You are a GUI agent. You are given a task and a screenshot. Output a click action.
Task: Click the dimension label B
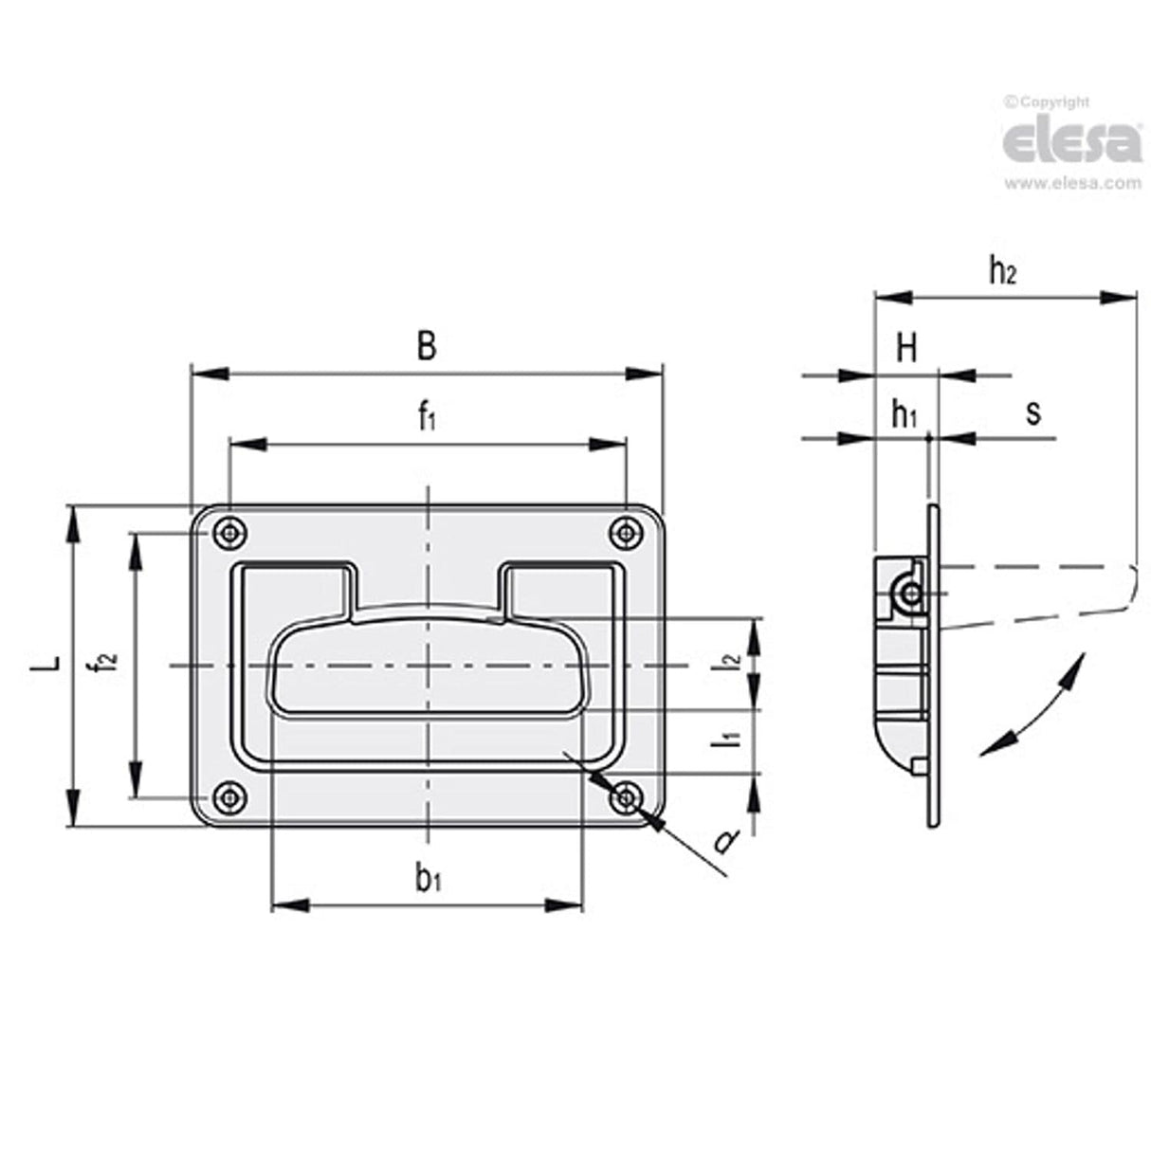(427, 346)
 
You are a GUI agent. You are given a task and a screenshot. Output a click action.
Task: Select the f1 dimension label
(428, 416)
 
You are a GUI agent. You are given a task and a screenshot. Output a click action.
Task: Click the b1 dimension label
(428, 879)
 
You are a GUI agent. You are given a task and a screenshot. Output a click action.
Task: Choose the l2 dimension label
(728, 664)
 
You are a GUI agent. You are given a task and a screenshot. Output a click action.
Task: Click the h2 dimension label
(1002, 271)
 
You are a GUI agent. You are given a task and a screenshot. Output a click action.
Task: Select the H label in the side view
(906, 349)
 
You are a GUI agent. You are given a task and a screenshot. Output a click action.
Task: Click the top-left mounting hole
(228, 534)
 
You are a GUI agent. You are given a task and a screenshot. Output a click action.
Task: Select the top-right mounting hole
(624, 534)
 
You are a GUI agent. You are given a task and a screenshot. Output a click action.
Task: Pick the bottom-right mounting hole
(624, 798)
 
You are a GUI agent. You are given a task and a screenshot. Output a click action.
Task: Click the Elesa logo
(1072, 141)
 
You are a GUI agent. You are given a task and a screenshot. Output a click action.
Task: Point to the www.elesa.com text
(1072, 184)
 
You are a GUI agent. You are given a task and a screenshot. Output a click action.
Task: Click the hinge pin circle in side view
(910, 594)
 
